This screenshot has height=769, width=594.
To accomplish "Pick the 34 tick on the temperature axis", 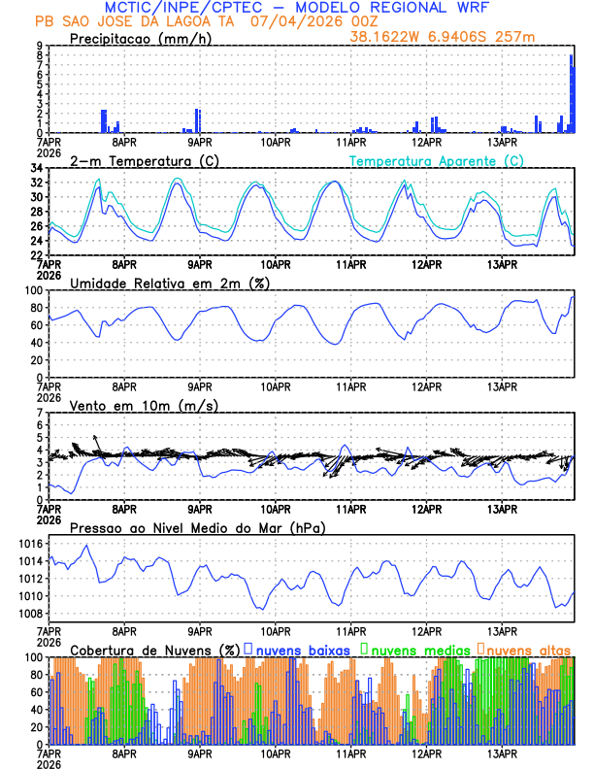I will (x=35, y=169).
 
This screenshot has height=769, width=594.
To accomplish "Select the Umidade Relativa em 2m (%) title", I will (x=170, y=283).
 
